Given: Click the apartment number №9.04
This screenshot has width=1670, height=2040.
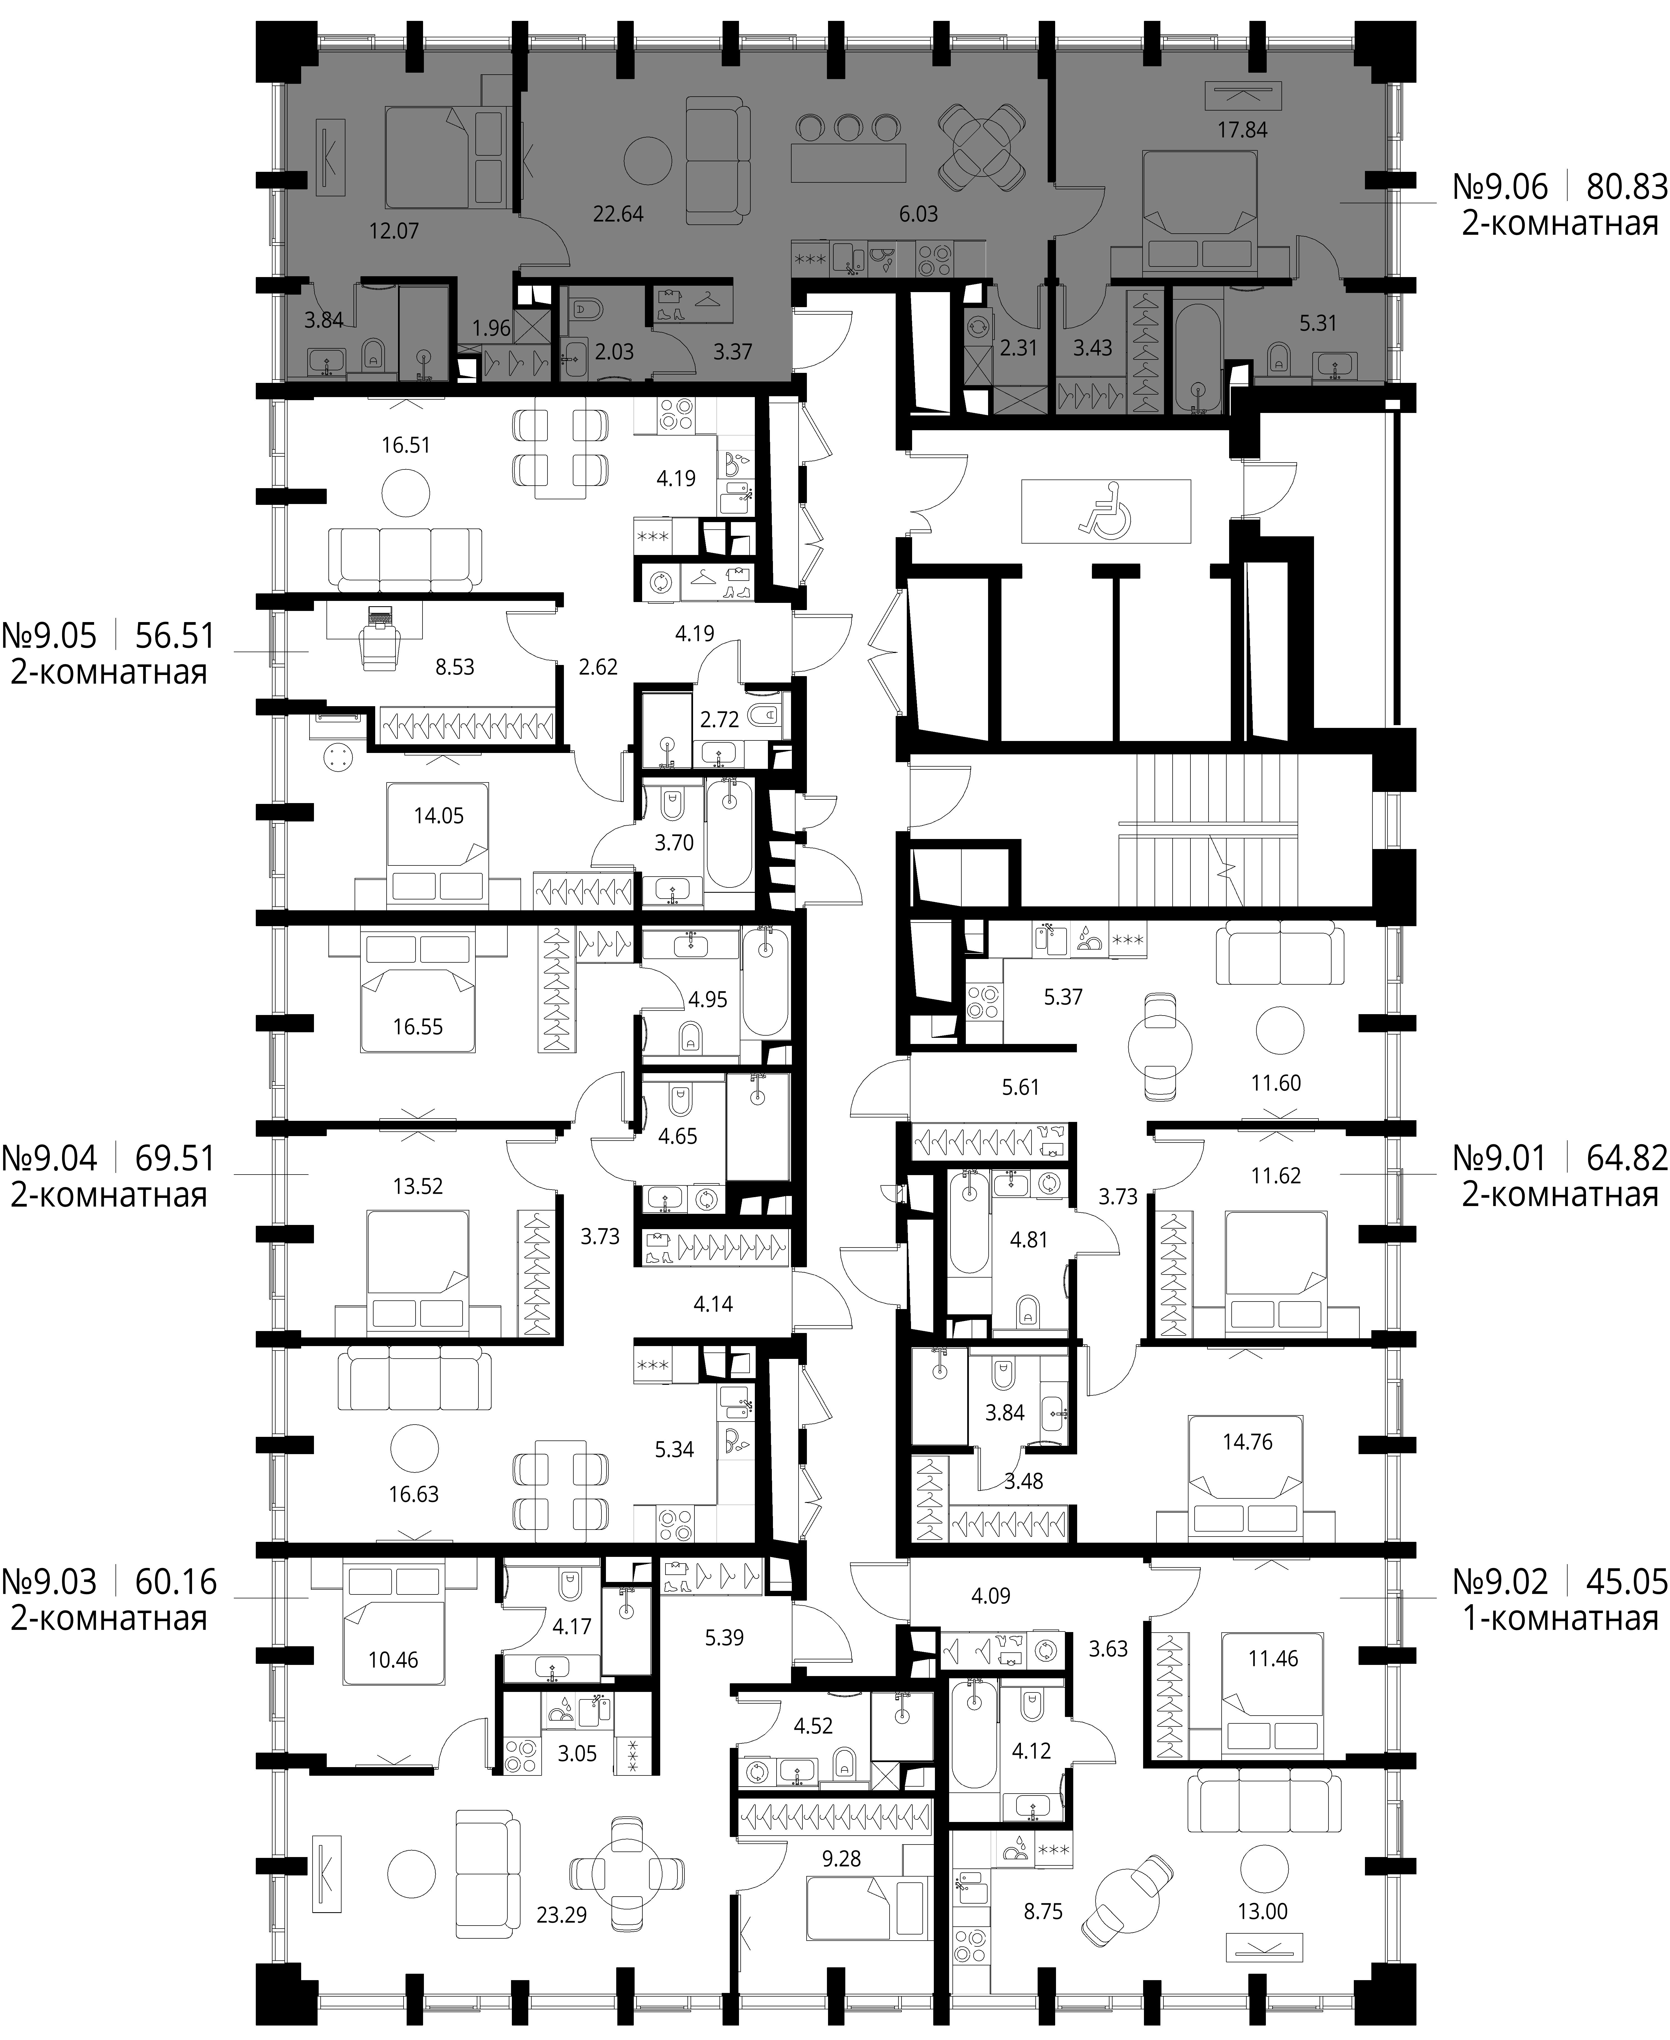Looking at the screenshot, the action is [50, 1158].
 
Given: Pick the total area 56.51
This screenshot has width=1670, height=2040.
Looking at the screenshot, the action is [176, 636].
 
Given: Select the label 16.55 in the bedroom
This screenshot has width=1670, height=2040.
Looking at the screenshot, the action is [417, 1027].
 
